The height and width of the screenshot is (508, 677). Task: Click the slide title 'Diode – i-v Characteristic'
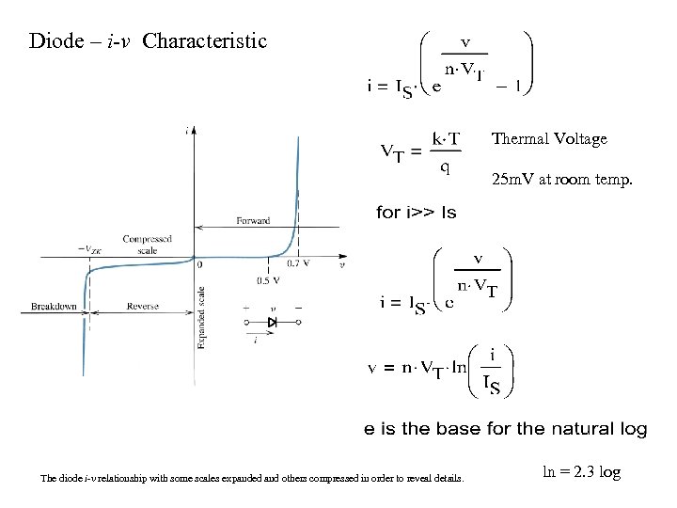[x=149, y=41]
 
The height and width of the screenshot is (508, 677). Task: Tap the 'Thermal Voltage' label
[x=549, y=139]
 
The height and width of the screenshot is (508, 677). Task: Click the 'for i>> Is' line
[x=416, y=213]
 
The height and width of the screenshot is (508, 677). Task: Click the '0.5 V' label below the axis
[x=269, y=280]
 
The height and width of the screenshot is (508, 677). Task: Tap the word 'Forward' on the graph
[x=253, y=221]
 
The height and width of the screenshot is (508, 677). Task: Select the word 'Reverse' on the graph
[x=143, y=307]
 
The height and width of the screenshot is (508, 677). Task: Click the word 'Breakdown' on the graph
[x=54, y=307]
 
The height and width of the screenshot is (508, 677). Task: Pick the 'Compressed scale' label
[x=146, y=245]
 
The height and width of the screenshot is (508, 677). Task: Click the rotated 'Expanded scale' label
[x=201, y=318]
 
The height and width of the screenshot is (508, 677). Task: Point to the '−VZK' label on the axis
[x=91, y=249]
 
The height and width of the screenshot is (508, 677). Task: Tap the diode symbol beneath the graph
[x=273, y=322]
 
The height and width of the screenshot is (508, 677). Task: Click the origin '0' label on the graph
[x=199, y=265]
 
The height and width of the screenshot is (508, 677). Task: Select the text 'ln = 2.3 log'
[x=582, y=472]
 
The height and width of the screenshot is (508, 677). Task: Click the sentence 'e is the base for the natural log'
[x=506, y=429]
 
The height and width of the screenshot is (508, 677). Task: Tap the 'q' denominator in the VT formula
[x=445, y=168]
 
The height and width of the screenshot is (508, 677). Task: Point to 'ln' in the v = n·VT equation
[x=458, y=368]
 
